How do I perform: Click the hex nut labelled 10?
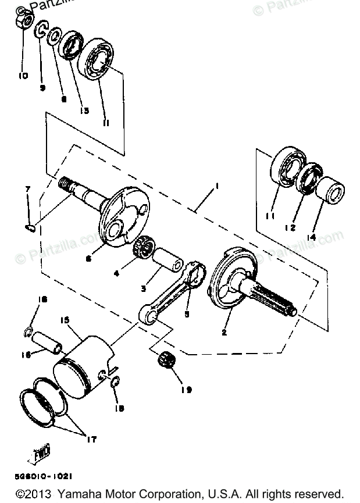23,22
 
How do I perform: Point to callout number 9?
42,87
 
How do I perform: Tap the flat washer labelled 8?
52,37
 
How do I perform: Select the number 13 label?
84,110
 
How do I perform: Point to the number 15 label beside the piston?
65,320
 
